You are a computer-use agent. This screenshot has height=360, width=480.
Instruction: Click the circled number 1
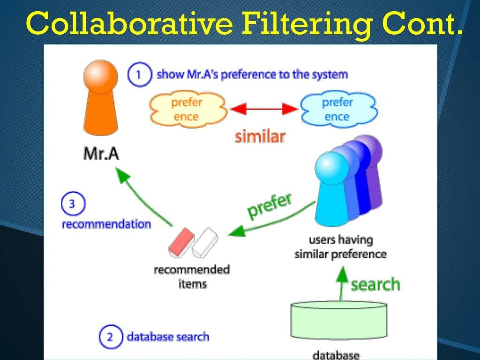[x=139, y=75]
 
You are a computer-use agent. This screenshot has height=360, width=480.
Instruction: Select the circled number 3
[x=73, y=204]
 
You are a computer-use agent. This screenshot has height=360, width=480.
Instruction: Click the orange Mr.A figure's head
[x=100, y=75]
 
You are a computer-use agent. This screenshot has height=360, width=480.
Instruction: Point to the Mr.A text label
[x=101, y=153]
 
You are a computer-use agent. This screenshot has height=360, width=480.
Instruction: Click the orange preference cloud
[x=187, y=109]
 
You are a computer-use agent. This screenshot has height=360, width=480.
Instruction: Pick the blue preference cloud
[x=337, y=109]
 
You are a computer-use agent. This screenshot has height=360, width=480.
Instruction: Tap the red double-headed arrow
[x=264, y=109]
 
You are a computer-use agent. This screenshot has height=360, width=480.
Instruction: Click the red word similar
[x=260, y=136]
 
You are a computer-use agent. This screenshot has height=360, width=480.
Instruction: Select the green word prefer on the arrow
[x=270, y=205]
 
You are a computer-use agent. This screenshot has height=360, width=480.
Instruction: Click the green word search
[x=375, y=285]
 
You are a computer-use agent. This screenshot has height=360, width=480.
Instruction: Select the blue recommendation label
[x=106, y=224]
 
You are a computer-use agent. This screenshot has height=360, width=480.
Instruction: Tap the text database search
[x=168, y=337]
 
